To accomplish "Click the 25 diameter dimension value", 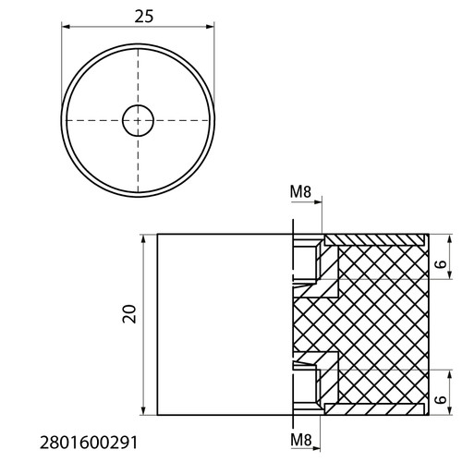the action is [143, 17].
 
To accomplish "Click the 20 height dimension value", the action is [129, 314].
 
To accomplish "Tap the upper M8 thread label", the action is [300, 192].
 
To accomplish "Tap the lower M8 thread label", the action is [301, 440].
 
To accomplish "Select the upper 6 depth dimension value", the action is [441, 264].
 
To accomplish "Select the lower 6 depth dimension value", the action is [441, 399].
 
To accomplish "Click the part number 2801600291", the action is [89, 444].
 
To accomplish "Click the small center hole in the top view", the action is [138, 120].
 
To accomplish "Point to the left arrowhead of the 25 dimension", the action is [66, 27].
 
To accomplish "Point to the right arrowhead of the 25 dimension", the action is [210, 27].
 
